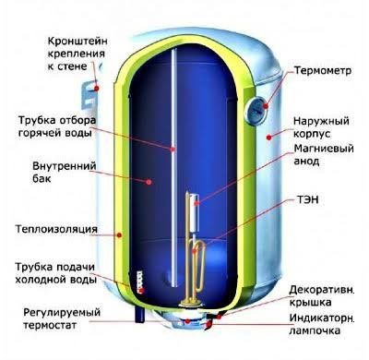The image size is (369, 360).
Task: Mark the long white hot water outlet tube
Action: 173,138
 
